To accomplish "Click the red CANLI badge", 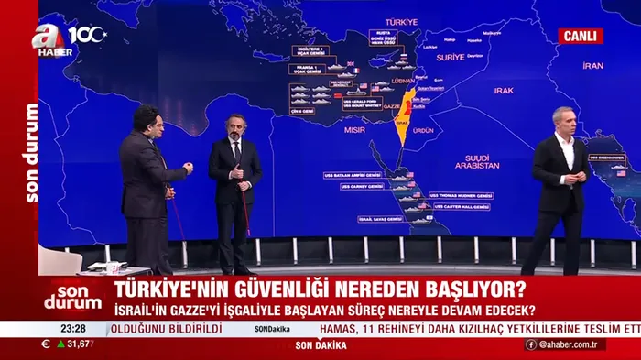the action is click(581, 36).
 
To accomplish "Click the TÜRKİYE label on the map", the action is click(401, 21).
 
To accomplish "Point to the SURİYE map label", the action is click(450, 57).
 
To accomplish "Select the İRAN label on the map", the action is click(593, 66).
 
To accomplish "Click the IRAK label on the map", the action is click(504, 91).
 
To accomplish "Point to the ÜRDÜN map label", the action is click(423, 130).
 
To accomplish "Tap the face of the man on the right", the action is click(562, 124).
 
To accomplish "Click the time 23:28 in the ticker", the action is click(72, 328).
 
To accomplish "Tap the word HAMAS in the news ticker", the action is click(341, 328).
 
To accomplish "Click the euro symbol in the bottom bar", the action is click(46, 344).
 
